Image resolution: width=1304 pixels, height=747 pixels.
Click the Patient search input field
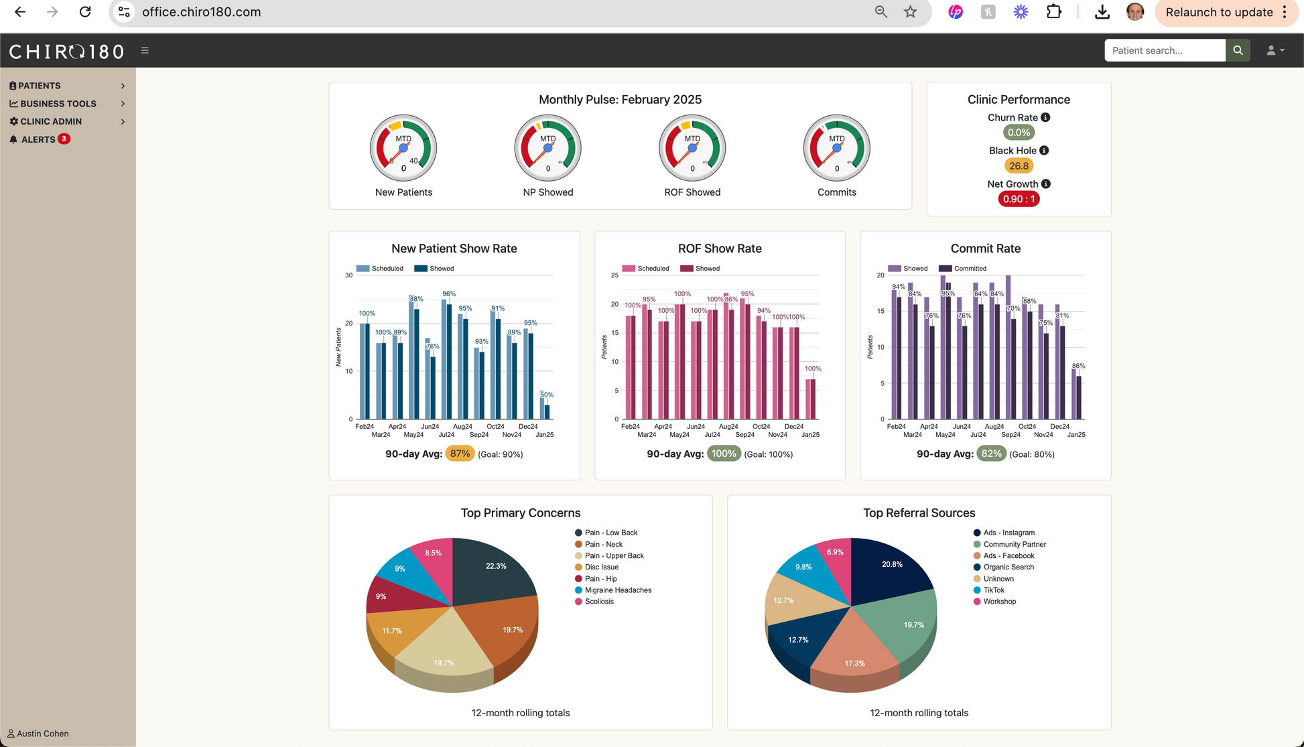pyautogui.click(x=1165, y=50)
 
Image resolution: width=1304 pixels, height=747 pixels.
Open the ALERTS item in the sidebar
pyautogui.click(x=38, y=139)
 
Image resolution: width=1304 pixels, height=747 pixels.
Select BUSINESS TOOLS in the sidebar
pyautogui.click(x=58, y=104)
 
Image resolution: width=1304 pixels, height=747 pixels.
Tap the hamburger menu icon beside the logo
pyautogui.click(x=145, y=50)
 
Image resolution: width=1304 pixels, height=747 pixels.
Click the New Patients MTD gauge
pyautogui.click(x=403, y=148)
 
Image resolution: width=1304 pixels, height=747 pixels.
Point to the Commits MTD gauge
pyautogui.click(x=836, y=148)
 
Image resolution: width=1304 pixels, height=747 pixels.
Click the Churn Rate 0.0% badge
pyautogui.click(x=1019, y=133)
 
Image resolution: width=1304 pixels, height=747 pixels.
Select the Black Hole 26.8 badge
pyautogui.click(x=1019, y=166)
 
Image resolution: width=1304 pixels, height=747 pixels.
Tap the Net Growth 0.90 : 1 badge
pyautogui.click(x=1019, y=199)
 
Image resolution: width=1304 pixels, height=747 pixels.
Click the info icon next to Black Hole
pyautogui.click(x=1044, y=151)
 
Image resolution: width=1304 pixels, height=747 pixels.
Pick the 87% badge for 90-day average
pyautogui.click(x=460, y=454)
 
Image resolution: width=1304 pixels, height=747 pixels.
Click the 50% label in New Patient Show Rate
pyautogui.click(x=547, y=395)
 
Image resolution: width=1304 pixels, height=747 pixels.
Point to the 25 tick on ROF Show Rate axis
pyautogui.click(x=614, y=275)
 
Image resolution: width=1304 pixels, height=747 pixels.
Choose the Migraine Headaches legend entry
pyautogui.click(x=617, y=590)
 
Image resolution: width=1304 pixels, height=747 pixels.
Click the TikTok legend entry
pyautogui.click(x=993, y=590)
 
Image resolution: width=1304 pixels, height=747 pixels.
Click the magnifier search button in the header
pyautogui.click(x=1238, y=50)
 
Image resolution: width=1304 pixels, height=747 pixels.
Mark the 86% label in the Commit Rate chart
pyautogui.click(x=1078, y=366)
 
